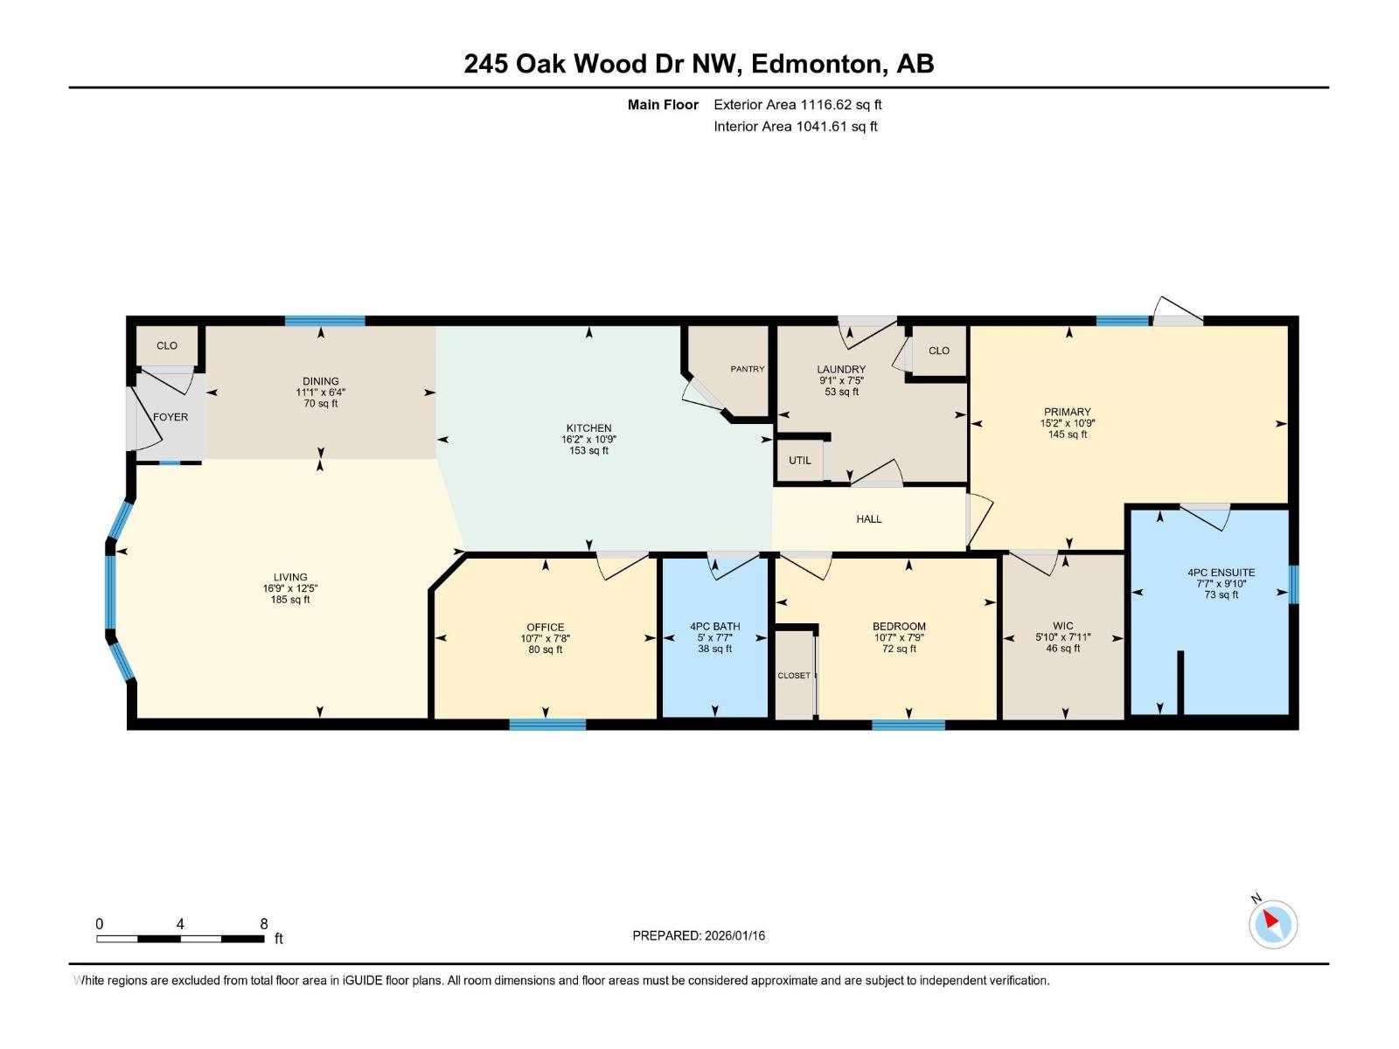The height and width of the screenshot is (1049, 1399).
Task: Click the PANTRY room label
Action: (x=748, y=369)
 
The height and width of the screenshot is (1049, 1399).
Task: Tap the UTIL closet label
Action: (x=800, y=461)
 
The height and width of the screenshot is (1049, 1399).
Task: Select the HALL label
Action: (x=869, y=519)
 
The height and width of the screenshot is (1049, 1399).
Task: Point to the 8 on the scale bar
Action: (x=264, y=924)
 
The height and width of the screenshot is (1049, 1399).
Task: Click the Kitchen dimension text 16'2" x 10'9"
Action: (x=589, y=440)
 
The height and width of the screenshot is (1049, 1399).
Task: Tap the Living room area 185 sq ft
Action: (x=290, y=600)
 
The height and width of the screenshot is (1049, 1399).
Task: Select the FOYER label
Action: (x=171, y=417)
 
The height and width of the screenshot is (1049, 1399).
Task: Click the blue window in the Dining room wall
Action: (x=324, y=321)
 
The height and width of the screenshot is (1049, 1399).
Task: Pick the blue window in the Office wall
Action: (x=547, y=724)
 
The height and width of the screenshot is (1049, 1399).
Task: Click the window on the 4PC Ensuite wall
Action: (x=1294, y=584)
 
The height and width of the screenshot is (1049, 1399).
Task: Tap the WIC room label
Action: (x=1063, y=626)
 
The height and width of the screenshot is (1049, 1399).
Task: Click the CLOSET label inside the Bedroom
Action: (x=794, y=676)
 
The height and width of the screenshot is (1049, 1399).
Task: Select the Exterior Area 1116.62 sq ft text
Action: (x=797, y=105)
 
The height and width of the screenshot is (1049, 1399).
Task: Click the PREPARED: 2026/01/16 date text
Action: (x=699, y=935)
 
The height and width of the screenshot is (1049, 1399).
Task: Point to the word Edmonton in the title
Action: (x=815, y=64)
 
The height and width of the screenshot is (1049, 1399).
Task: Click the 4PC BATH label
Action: (x=714, y=626)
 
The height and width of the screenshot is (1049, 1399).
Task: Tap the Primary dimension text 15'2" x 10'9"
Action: (x=1068, y=423)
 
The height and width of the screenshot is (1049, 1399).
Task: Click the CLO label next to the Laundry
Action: (x=939, y=351)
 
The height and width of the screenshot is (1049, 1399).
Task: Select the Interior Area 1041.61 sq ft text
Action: (x=796, y=127)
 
